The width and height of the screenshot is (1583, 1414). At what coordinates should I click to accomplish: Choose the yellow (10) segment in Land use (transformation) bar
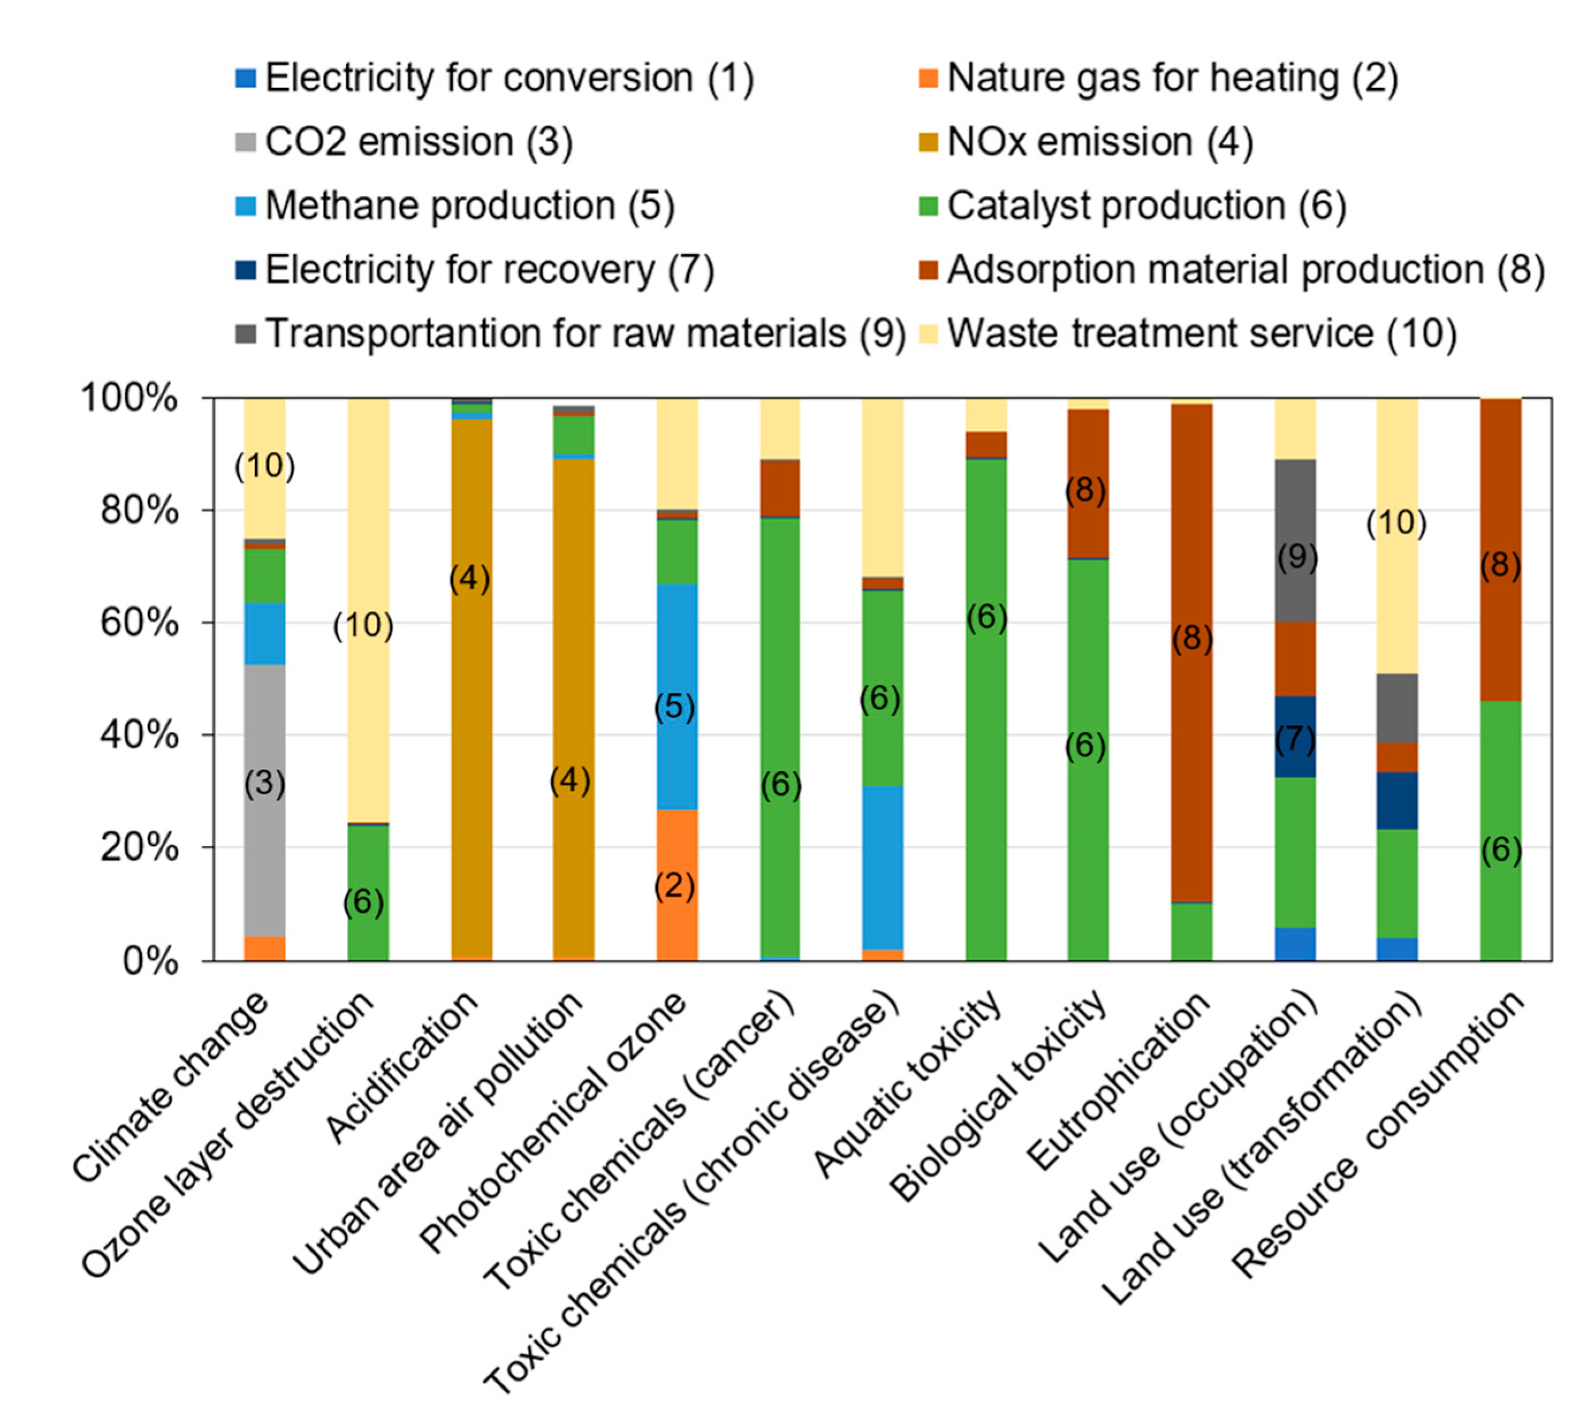[x=1396, y=590]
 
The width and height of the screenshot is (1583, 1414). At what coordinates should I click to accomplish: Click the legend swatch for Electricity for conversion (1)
[x=246, y=78]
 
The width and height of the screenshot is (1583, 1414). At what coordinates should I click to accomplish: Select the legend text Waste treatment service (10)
[x=1201, y=334]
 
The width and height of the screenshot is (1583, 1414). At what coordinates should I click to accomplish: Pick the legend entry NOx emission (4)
[x=1099, y=142]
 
